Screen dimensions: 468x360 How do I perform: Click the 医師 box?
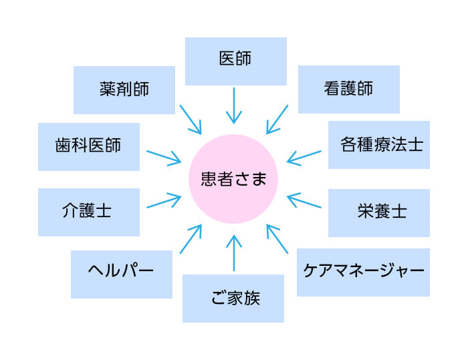236,61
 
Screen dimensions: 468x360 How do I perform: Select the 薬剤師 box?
124,90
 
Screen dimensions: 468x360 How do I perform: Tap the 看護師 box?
349,89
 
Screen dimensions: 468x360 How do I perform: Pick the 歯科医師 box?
89,147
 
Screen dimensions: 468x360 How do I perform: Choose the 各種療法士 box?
379,145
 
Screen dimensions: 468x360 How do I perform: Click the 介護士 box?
89,212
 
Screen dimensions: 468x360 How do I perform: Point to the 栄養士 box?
379,213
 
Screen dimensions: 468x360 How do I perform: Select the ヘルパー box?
122,275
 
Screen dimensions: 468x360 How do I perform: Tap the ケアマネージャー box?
363,273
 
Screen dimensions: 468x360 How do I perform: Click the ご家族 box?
233,299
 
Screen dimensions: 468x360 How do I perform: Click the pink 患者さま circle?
233,179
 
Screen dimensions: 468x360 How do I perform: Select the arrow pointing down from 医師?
234,106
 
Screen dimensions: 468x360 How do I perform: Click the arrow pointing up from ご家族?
234,253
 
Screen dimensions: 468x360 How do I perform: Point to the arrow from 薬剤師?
191,120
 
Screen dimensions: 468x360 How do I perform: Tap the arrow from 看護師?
277,120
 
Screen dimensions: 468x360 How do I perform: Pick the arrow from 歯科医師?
164,157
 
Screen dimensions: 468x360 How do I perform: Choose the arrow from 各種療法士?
304,157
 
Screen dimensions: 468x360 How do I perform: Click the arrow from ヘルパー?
191,239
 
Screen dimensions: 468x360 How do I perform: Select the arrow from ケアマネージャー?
277,239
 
